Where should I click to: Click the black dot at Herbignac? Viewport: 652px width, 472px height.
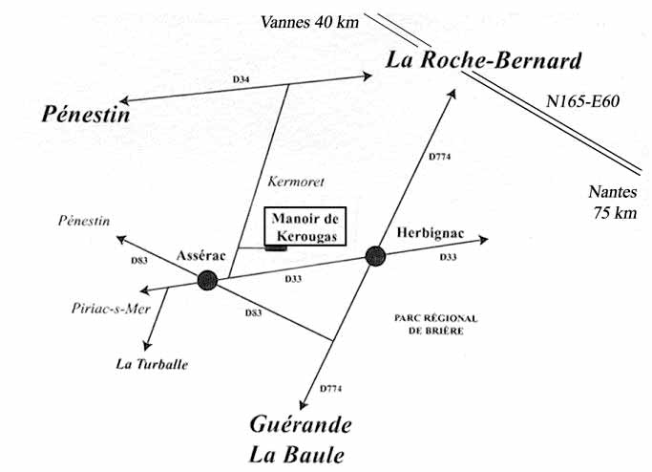[x=374, y=255]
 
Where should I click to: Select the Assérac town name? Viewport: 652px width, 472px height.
[x=201, y=255]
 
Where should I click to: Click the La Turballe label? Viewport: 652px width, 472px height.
[x=152, y=364]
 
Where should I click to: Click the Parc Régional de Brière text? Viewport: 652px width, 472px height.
[x=434, y=323]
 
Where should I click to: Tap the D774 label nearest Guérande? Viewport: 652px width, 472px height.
[x=329, y=388]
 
